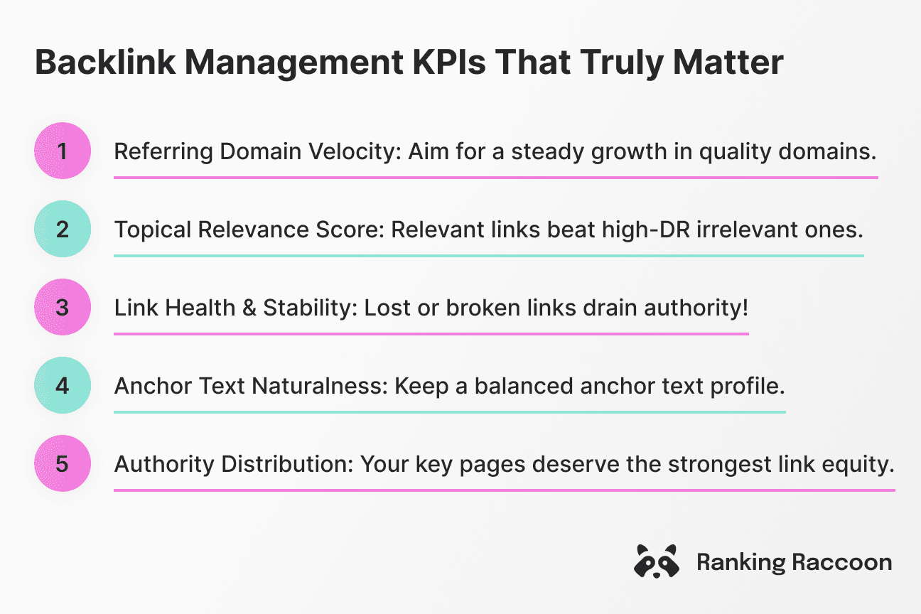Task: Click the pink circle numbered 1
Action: point(63,151)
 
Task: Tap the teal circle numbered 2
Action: point(63,229)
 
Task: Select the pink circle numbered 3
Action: point(63,307)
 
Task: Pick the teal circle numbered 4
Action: point(63,385)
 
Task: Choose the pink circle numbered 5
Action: point(63,463)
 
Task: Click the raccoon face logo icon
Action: point(655,562)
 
